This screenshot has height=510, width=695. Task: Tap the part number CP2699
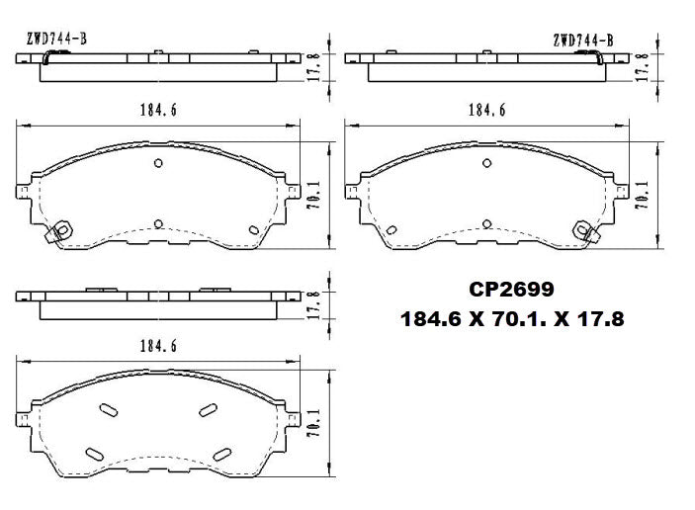pyautogui.click(x=511, y=291)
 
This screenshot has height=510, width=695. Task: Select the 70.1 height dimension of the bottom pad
pyautogui.click(x=315, y=423)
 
